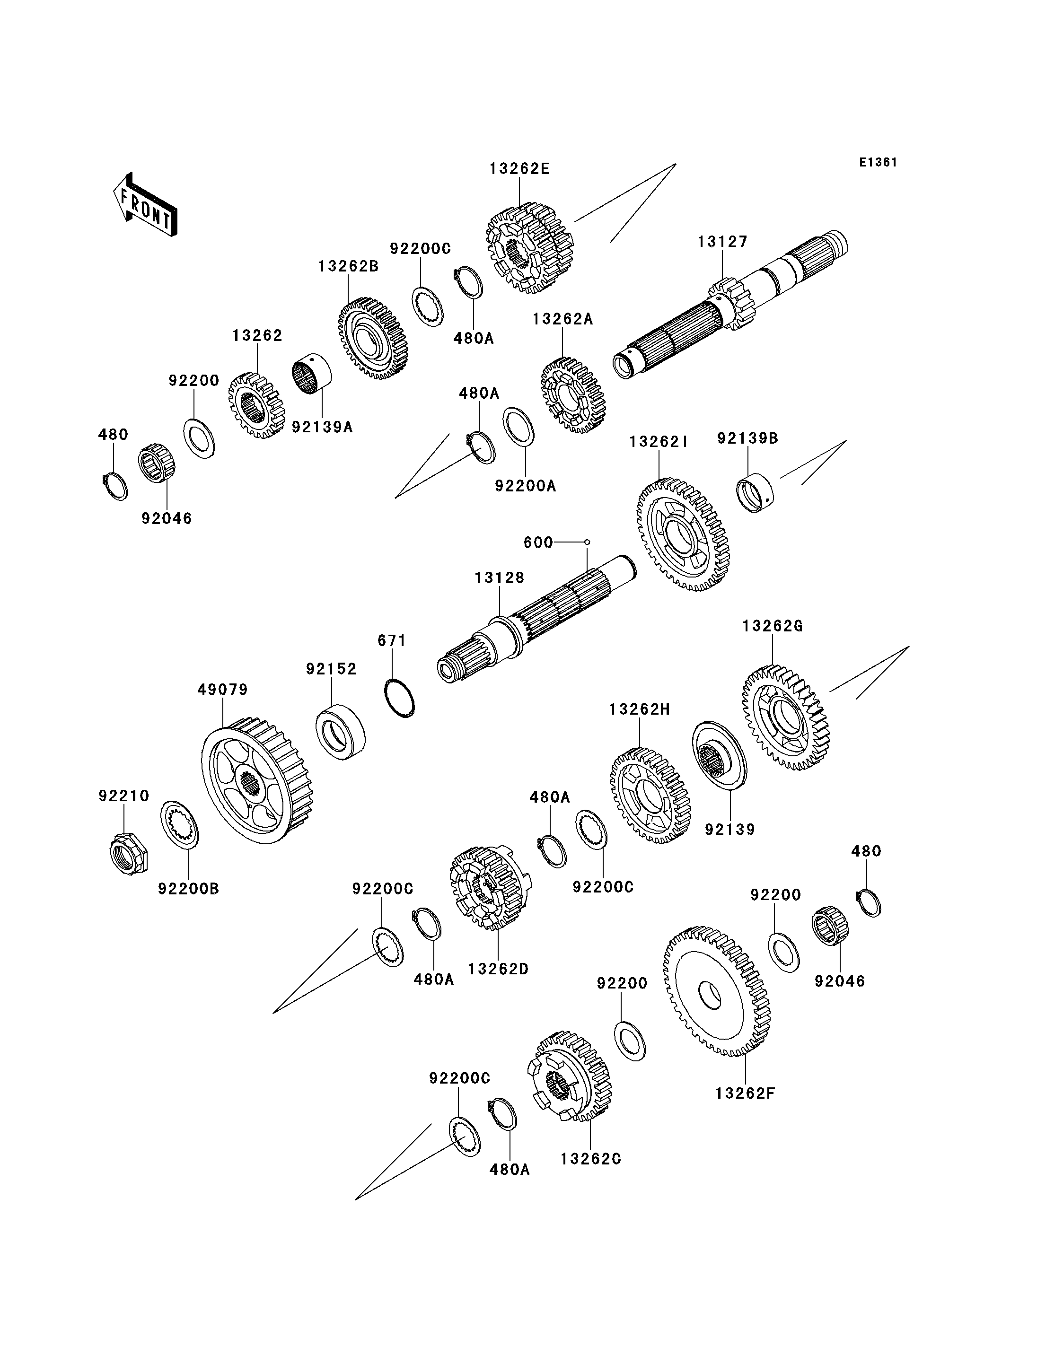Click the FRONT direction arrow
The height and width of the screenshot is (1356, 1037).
[146, 206]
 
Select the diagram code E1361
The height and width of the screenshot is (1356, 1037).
[878, 162]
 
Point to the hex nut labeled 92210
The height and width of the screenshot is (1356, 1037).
[128, 854]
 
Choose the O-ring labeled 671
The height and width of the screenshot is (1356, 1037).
[399, 698]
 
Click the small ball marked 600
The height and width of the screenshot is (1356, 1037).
[587, 542]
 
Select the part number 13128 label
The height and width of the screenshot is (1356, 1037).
[500, 577]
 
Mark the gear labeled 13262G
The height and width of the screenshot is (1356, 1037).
[786, 718]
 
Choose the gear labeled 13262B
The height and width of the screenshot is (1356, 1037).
[373, 339]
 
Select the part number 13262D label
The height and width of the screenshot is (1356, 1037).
[498, 969]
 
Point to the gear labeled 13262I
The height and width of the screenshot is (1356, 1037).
[682, 534]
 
